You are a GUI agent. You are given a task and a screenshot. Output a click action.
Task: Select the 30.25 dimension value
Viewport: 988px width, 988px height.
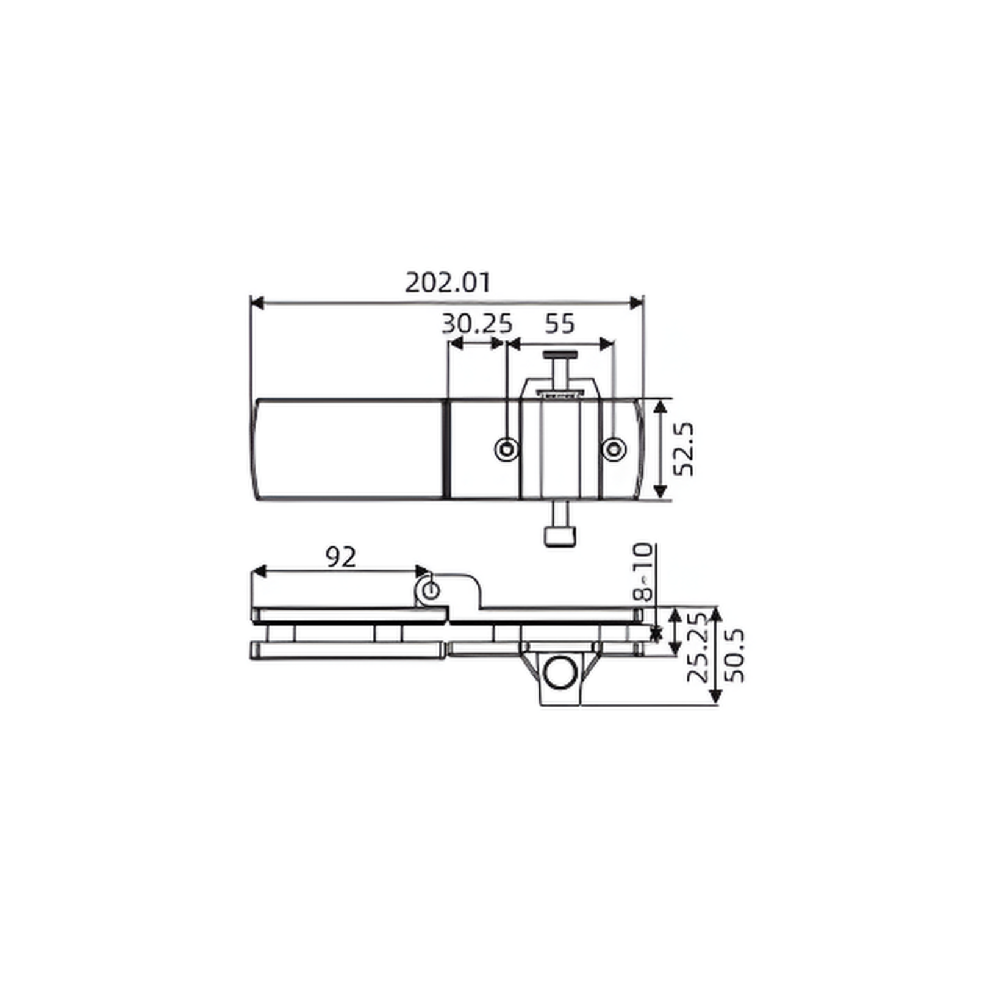(x=477, y=324)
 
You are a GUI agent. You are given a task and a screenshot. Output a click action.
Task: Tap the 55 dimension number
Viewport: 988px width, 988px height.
(x=559, y=324)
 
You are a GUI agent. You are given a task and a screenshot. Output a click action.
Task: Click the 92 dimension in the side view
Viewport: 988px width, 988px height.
(x=340, y=557)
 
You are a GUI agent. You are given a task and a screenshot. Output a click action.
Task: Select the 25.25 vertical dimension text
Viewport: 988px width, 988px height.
(x=696, y=648)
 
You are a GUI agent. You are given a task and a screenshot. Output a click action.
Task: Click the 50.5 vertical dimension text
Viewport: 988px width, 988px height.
(x=734, y=656)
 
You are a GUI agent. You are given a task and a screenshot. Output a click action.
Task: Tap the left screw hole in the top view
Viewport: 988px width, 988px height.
(x=506, y=450)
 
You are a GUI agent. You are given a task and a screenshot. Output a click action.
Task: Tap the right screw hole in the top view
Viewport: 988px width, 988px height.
(x=614, y=450)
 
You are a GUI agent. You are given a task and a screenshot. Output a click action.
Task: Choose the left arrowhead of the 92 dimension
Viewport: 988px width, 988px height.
(x=259, y=571)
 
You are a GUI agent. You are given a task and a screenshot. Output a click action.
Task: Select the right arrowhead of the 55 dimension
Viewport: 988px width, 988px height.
(x=607, y=345)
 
